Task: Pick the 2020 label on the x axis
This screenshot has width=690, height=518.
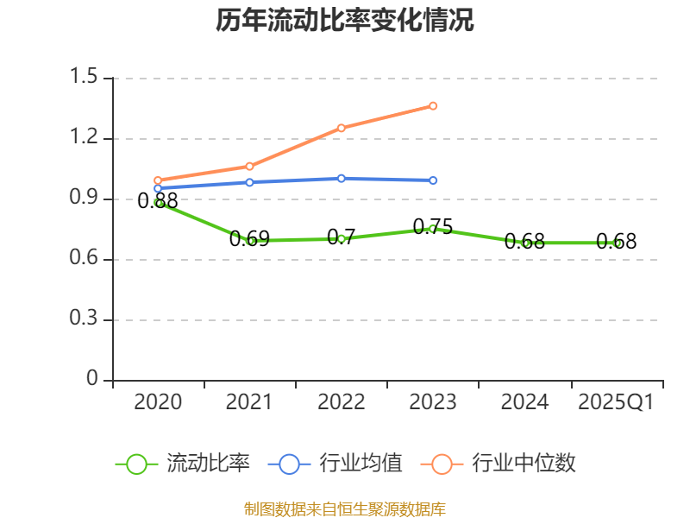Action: (159, 402)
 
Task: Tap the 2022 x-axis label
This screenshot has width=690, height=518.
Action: (342, 402)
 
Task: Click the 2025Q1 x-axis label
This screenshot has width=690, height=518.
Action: (616, 402)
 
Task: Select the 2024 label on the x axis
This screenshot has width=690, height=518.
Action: (524, 402)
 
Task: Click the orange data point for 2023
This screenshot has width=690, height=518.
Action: (433, 106)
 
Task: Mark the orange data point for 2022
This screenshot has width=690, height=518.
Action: (342, 128)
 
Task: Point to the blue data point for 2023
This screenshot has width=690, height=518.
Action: (433, 180)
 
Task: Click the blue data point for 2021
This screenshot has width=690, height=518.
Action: (250, 182)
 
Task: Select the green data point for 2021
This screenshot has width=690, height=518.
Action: (250, 241)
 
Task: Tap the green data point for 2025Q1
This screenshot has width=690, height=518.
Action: (617, 243)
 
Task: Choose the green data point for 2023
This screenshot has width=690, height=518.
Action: (433, 229)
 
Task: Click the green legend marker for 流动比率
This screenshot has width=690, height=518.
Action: (136, 464)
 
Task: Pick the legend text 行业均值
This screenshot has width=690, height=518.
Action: (361, 464)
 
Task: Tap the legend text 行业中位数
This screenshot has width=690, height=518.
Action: (524, 464)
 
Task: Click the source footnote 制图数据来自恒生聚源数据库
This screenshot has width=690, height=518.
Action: (345, 509)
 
